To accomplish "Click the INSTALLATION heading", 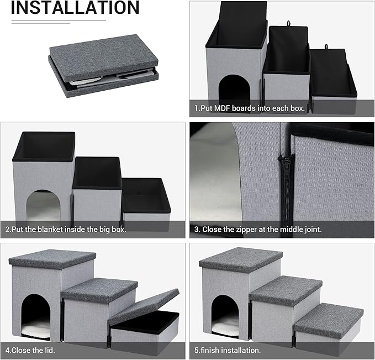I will (x=75, y=8).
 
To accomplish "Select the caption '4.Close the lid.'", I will (x=31, y=350).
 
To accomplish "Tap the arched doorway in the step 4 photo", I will (x=36, y=315).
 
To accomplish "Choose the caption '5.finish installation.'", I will (x=229, y=350).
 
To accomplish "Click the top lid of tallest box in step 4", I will (x=52, y=258).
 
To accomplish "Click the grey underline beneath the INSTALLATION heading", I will (x=59, y=21).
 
